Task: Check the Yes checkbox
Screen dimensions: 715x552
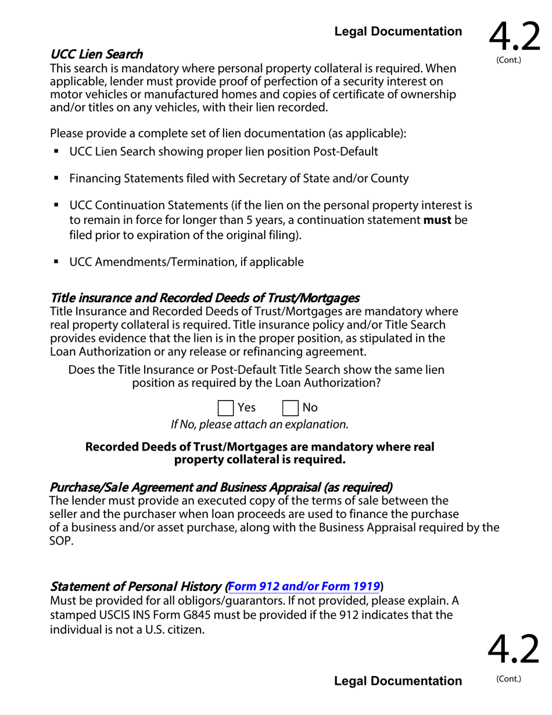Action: point(225,407)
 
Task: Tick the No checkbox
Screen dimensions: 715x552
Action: point(290,407)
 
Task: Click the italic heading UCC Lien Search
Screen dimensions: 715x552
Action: point(96,54)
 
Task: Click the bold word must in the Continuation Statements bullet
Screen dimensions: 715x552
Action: point(437,220)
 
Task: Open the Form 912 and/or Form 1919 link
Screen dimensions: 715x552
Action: point(304,586)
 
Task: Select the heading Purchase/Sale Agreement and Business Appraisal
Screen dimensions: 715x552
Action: point(221,487)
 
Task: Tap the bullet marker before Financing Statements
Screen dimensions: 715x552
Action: point(56,178)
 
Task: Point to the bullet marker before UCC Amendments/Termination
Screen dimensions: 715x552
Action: point(56,262)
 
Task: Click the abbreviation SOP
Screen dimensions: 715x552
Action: point(62,541)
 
